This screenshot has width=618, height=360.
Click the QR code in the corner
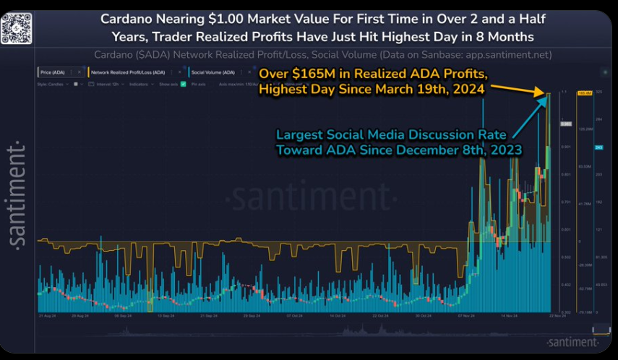tap(16, 27)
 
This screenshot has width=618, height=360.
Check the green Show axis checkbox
tap(183, 84)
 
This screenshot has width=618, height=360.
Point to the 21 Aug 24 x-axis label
tap(48, 316)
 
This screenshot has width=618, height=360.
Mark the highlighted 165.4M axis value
tap(583, 93)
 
